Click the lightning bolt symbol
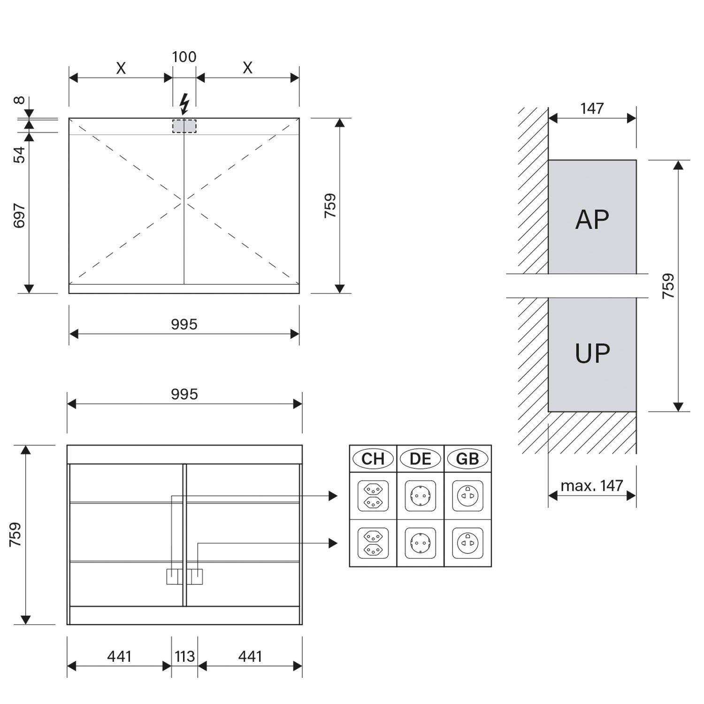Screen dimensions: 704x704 point(184,104)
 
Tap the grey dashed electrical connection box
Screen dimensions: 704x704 point(184,126)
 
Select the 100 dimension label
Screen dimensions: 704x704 point(184,57)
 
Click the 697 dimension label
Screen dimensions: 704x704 point(19,215)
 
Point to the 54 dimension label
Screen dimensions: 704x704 point(19,154)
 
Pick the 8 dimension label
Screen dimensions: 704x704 point(19,100)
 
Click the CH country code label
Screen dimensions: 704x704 point(373,459)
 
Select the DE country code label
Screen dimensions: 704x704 point(420,459)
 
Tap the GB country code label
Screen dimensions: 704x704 point(467,459)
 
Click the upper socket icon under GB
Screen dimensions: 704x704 point(467,496)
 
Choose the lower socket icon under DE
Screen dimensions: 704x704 point(420,543)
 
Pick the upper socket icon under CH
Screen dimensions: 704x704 point(373,496)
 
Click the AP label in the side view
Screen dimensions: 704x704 point(592,219)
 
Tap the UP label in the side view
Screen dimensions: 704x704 point(592,353)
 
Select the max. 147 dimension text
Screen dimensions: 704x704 point(592,485)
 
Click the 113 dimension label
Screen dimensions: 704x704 point(184,656)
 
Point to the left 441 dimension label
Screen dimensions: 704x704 point(119,656)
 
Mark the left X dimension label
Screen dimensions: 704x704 point(121,69)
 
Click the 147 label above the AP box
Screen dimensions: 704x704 point(592,108)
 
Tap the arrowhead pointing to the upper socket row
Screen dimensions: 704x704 point(333,496)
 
